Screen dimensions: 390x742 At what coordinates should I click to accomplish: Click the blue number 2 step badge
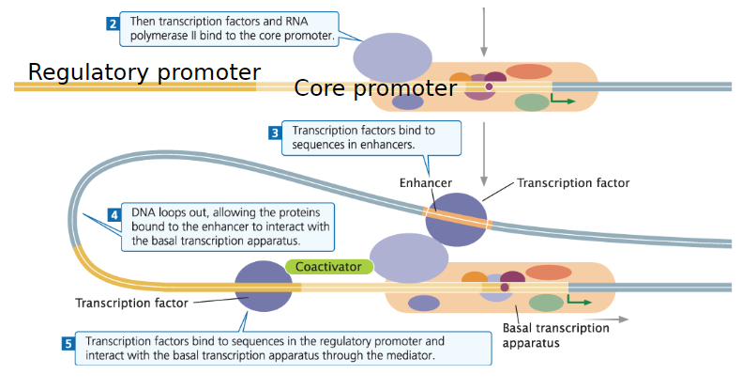pos(113,23)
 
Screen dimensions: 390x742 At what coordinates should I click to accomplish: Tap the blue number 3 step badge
pos(275,133)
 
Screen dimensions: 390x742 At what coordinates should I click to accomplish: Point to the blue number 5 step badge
pos(68,344)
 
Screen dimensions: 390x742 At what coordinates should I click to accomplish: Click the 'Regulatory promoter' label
pos(144,72)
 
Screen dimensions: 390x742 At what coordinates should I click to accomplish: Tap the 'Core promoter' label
pos(375,88)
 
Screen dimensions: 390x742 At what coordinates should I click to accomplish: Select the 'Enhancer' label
pos(425,182)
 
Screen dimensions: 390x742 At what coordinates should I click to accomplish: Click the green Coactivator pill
pos(328,267)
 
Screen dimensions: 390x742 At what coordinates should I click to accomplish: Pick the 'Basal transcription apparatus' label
pos(555,335)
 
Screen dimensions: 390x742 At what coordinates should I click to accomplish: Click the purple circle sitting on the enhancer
pos(456,220)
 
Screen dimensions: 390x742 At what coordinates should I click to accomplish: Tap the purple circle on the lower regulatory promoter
pos(263,286)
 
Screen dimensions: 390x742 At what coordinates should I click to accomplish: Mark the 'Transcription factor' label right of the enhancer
pos(573,182)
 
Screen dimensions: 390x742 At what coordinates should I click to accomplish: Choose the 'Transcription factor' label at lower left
pos(131,303)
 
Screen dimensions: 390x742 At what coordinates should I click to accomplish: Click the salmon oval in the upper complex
pos(529,71)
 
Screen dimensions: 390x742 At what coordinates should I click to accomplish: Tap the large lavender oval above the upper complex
pos(392,56)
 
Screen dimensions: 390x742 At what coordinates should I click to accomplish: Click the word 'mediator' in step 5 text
pos(409,357)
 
